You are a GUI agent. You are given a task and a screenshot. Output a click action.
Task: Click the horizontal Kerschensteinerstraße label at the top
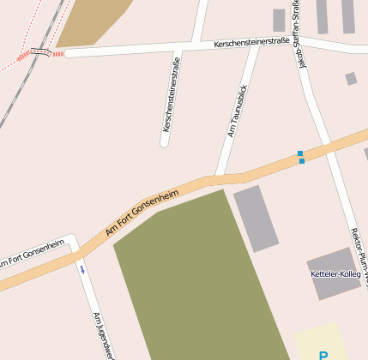coord(250,41)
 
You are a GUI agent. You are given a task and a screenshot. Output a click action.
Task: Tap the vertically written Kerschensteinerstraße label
coord(171,94)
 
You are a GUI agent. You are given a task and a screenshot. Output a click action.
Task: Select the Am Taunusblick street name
coord(237,111)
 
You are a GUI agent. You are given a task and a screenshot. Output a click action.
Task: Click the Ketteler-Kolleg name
coord(335,273)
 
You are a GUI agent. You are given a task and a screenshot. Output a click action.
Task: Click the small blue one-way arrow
coord(82,269)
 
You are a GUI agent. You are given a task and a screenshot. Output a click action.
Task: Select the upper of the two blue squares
coord(300,153)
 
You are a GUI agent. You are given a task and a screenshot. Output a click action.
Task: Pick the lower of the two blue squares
coord(301,160)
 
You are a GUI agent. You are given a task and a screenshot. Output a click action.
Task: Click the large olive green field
coord(197,274)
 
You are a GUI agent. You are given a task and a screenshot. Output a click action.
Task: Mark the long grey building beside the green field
coord(256,218)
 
